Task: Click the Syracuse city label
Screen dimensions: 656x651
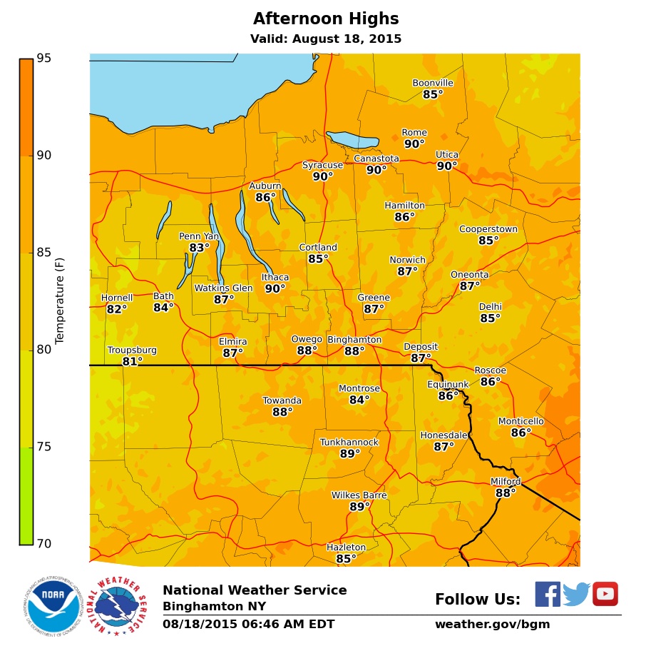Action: tap(322, 165)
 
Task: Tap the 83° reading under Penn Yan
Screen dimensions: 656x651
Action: tap(200, 248)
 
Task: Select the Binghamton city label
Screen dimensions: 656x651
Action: tap(354, 340)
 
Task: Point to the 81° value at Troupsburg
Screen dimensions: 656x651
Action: tap(132, 362)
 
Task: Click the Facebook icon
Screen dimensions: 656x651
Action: tap(548, 594)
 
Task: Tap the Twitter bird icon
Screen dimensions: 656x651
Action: tap(576, 594)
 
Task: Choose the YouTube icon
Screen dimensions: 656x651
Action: tap(605, 594)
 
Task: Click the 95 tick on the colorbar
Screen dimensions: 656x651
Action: tap(44, 59)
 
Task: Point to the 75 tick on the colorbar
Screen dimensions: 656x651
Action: tap(44, 447)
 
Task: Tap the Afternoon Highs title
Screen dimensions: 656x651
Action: tap(326, 19)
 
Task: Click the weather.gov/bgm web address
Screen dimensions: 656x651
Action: tap(492, 625)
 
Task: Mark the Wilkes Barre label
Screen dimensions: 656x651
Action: tap(359, 495)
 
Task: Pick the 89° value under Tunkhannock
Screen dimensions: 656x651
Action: tap(349, 454)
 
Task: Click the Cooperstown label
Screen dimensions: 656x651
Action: tap(488, 229)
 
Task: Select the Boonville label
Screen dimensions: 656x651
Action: tap(433, 83)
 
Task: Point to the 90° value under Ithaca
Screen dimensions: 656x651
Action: tap(275, 289)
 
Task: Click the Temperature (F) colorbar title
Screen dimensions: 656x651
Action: tap(60, 301)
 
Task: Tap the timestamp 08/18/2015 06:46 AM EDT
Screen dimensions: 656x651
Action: tap(248, 625)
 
